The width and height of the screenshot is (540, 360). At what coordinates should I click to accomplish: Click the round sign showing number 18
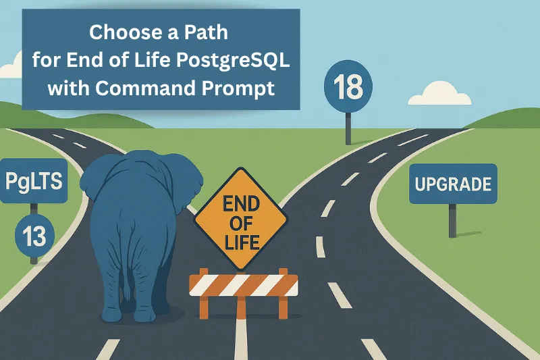[x=348, y=87]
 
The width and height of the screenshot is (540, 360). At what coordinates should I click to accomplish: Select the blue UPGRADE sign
[x=452, y=183]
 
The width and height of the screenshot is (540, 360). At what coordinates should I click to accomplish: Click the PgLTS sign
[x=32, y=180]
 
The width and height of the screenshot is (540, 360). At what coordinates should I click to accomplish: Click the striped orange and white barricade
[x=243, y=284]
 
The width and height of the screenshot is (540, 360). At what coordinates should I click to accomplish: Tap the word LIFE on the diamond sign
[x=241, y=242]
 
